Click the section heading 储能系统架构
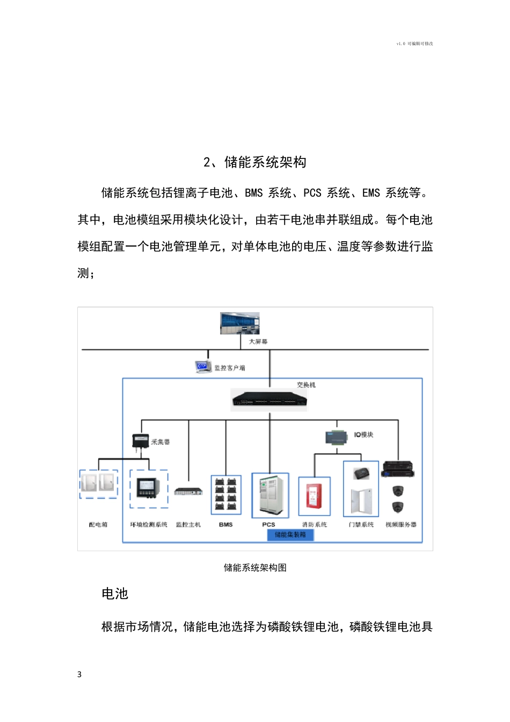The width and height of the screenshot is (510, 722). click(254, 162)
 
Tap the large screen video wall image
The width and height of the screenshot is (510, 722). click(239, 323)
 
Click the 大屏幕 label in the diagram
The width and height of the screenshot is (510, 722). click(258, 342)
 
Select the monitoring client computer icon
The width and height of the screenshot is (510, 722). click(202, 367)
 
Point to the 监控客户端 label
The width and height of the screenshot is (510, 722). click(230, 368)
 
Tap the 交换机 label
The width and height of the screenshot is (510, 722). click(306, 385)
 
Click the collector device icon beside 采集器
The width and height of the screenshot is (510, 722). click(140, 441)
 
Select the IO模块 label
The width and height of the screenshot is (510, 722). click(363, 435)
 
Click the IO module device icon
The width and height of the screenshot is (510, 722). click(337, 437)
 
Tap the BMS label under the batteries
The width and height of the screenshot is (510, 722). click(226, 524)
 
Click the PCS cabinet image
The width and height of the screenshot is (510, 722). click(270, 495)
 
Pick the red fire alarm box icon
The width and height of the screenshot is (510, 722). click(314, 495)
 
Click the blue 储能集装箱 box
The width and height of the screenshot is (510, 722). click(290, 535)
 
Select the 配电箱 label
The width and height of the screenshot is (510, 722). click(98, 524)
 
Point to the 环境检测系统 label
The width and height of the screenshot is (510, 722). click(149, 524)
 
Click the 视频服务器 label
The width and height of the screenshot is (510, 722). click(400, 524)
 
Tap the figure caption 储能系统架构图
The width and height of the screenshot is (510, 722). click(255, 568)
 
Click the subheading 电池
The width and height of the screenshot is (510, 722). click(115, 594)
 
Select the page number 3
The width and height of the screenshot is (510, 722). click(79, 675)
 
